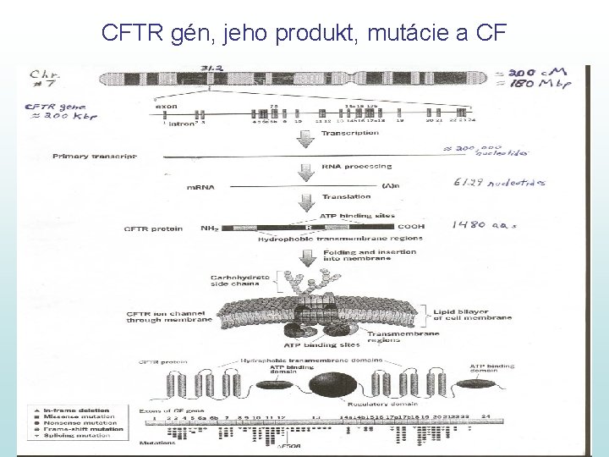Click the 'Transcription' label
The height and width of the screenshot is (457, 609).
point(350,133)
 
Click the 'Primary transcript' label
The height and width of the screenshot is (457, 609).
point(95,156)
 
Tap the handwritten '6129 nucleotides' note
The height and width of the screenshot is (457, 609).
point(510,183)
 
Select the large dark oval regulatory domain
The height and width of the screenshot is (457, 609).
point(328,385)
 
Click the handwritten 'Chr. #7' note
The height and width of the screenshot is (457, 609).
point(42,79)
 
